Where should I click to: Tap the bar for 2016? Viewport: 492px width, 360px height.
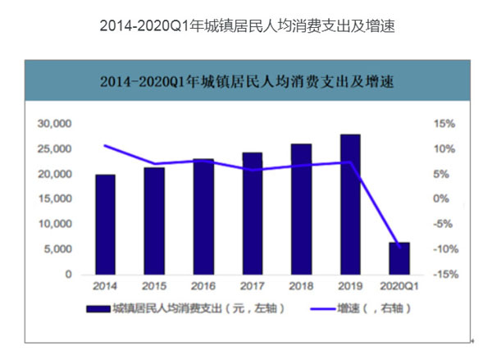click(203, 217)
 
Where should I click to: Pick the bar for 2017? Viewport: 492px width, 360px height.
click(253, 214)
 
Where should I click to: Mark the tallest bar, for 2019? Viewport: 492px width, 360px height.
click(350, 204)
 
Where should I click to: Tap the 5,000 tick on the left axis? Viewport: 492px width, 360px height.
click(57, 249)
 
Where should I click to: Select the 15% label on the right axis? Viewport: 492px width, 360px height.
click(444, 124)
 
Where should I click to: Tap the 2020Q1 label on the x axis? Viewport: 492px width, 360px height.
click(399, 287)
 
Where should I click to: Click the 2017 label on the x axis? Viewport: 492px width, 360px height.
click(253, 287)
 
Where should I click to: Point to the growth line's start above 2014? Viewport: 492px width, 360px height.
click(105, 146)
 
